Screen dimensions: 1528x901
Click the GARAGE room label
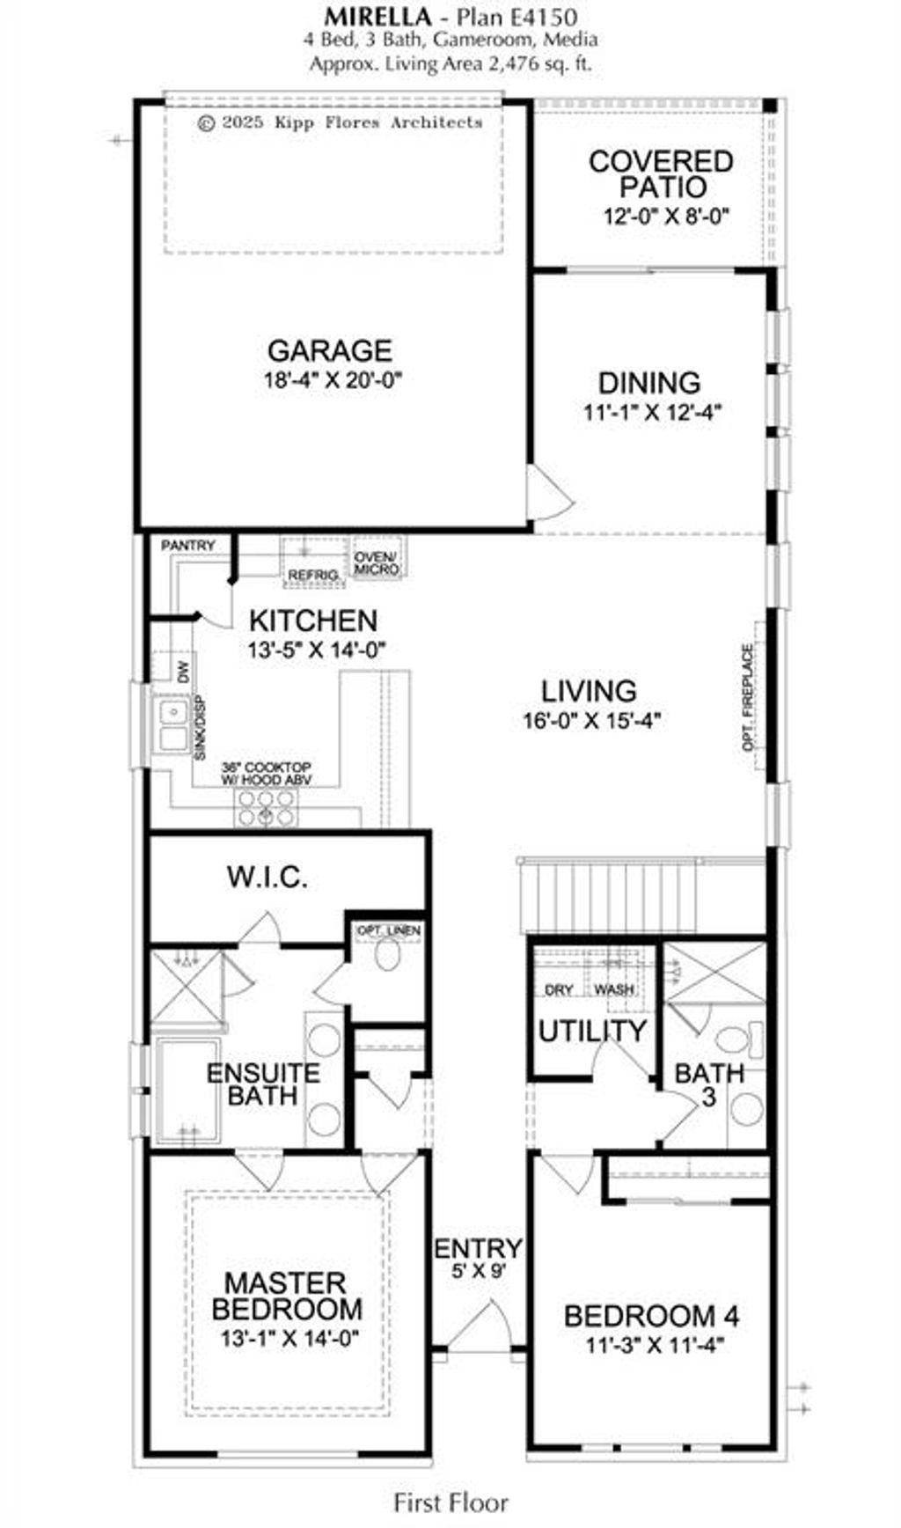(x=329, y=350)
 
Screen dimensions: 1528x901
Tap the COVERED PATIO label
(x=662, y=174)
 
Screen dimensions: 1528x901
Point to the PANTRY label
(x=187, y=546)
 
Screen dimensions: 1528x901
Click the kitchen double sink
(x=173, y=724)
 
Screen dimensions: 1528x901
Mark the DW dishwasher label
(x=183, y=673)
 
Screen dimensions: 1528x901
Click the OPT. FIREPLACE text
(x=748, y=697)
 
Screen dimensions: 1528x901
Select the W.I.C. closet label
(x=267, y=878)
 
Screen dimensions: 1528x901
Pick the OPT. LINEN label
(x=388, y=930)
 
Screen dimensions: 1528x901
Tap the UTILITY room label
(x=592, y=1031)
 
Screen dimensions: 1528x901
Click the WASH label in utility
(x=613, y=989)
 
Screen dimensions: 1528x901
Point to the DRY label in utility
(x=559, y=989)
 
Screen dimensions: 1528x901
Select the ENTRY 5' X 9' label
(x=478, y=1258)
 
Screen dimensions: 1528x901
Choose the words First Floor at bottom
(x=450, y=1502)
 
